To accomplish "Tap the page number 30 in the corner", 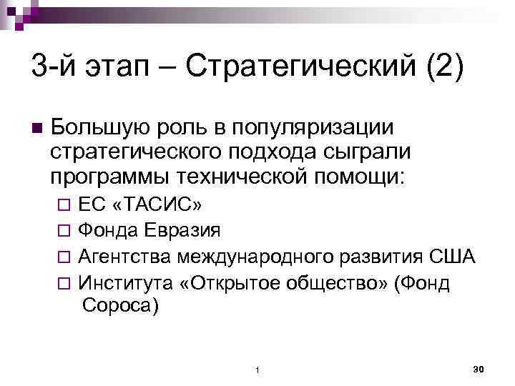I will [479, 367].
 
